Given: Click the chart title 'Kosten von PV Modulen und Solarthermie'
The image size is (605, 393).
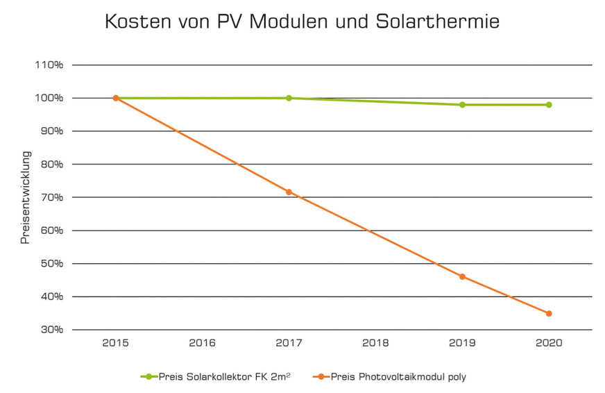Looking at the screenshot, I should tap(302, 22).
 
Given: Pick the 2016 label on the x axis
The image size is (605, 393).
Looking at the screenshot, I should tap(202, 343).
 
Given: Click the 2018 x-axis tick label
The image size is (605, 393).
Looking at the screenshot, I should tap(375, 343).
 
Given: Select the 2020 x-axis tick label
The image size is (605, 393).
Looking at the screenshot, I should tap(549, 343).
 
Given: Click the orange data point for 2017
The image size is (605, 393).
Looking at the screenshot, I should tap(289, 192).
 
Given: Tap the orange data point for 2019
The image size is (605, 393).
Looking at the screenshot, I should tap(462, 276).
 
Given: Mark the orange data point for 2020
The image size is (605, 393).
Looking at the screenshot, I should tap(549, 313).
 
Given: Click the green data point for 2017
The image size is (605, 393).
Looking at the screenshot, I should tap(289, 98).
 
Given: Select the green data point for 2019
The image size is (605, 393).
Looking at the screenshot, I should tap(462, 105).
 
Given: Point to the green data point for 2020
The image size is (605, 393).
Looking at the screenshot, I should tap(549, 105).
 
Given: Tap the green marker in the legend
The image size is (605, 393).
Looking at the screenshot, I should tap(148, 376).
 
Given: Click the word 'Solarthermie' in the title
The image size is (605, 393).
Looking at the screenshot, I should tap(429, 22).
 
